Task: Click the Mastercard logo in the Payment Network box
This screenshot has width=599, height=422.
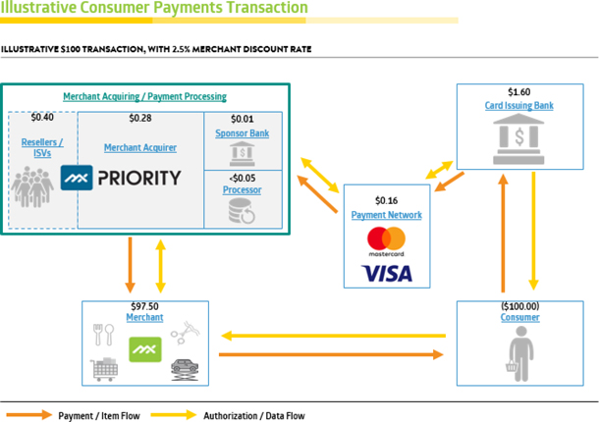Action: [x=386, y=239]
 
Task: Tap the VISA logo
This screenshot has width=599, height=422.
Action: [x=386, y=271]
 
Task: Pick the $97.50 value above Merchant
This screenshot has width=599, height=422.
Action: [x=144, y=305]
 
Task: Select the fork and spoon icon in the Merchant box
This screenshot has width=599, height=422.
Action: [x=101, y=334]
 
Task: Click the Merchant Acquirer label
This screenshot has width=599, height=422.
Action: [x=140, y=147]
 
